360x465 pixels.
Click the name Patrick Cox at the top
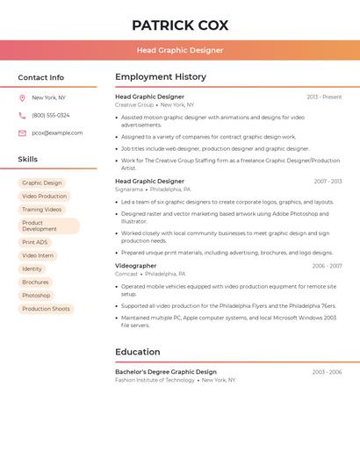click(180, 25)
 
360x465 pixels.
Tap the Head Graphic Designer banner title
click(180, 51)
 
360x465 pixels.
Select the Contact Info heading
click(40, 77)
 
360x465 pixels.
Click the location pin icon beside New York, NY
click(22, 98)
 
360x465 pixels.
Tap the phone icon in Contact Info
click(22, 116)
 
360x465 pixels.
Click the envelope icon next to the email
click(22, 133)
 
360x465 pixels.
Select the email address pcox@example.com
click(57, 133)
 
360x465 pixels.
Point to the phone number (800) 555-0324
click(51, 116)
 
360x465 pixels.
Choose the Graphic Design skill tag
click(42, 183)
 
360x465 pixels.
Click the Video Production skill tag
click(44, 197)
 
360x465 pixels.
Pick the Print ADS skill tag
click(35, 242)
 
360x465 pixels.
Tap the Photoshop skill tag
click(36, 296)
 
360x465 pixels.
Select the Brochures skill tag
click(35, 283)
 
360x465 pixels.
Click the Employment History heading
click(161, 76)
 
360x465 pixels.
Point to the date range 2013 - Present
click(324, 97)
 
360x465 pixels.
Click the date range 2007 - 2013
click(328, 182)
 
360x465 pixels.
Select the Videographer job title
click(136, 266)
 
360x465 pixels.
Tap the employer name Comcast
click(126, 274)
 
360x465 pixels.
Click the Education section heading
click(138, 352)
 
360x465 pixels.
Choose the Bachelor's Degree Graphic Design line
click(166, 372)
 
